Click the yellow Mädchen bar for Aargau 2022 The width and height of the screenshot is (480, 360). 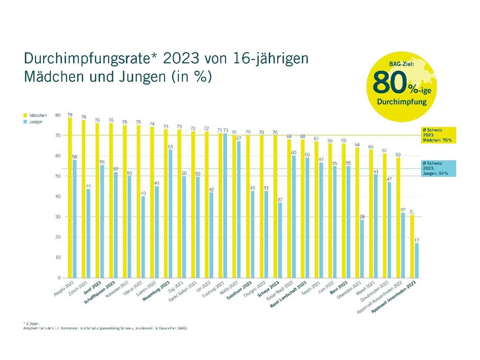pyautogui.click(x=70, y=198)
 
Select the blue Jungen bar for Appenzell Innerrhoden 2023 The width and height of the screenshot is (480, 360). pyautogui.click(x=417, y=260)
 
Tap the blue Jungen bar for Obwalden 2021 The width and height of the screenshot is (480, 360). pyautogui.click(x=362, y=249)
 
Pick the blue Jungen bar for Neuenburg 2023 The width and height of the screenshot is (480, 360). pyautogui.click(x=170, y=213)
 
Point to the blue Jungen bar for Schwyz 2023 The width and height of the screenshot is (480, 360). pyautogui.click(x=280, y=240)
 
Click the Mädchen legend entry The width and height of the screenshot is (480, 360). pyautogui.click(x=35, y=115)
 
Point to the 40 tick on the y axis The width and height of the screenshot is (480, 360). pyautogui.click(x=58, y=196)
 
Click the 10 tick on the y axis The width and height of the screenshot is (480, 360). pyautogui.click(x=58, y=257)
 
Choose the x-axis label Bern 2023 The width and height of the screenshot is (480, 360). pyautogui.click(x=339, y=287)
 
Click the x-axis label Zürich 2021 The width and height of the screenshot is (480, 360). pyautogui.click(x=78, y=288)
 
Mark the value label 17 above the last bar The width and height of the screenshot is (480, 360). pyautogui.click(x=417, y=240)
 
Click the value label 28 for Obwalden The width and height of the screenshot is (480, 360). pyautogui.click(x=362, y=217)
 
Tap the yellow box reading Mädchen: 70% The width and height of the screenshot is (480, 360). pyautogui.click(x=438, y=135)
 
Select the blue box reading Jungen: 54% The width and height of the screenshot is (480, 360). pyautogui.click(x=438, y=168)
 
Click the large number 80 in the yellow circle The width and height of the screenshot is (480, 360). pyautogui.click(x=390, y=82)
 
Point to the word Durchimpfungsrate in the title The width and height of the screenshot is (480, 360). pyautogui.click(x=87, y=58)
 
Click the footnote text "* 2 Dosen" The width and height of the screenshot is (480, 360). pyautogui.click(x=31, y=323)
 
